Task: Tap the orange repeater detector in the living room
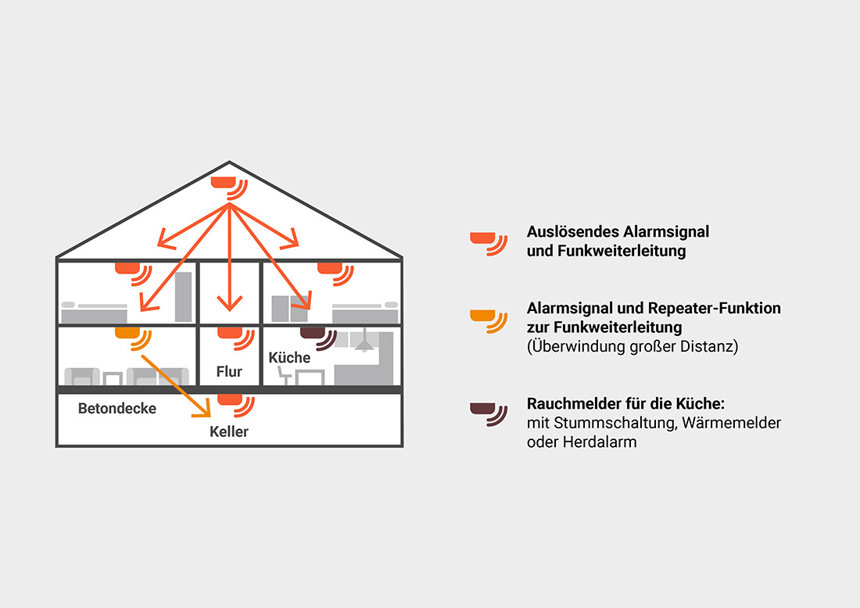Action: (x=126, y=333)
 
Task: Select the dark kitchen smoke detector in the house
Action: (x=311, y=333)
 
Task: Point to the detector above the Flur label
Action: (x=228, y=333)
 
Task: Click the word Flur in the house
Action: (x=229, y=372)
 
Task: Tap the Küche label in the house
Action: (x=289, y=357)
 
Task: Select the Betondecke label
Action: (x=117, y=408)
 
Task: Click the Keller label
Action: (x=229, y=431)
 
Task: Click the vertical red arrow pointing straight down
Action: (x=229, y=258)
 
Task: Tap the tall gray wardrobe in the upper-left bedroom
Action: (x=184, y=297)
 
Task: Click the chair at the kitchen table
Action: (x=284, y=376)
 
